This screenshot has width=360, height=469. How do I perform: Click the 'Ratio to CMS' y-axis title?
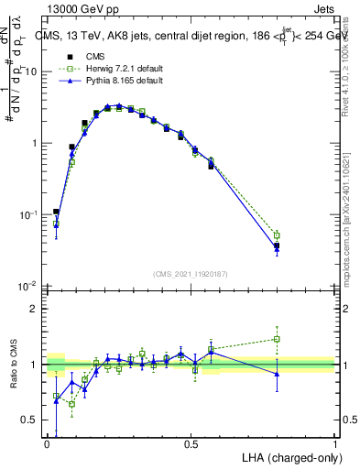[x=12, y=365]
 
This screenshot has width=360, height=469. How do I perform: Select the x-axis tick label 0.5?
[x=191, y=444]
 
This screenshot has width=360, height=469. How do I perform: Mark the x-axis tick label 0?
[x=48, y=444]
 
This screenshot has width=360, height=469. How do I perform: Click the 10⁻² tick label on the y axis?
[x=28, y=286]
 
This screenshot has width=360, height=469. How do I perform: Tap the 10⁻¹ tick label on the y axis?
[x=28, y=214]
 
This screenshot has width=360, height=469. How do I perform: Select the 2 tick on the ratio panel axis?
[x=34, y=309]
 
